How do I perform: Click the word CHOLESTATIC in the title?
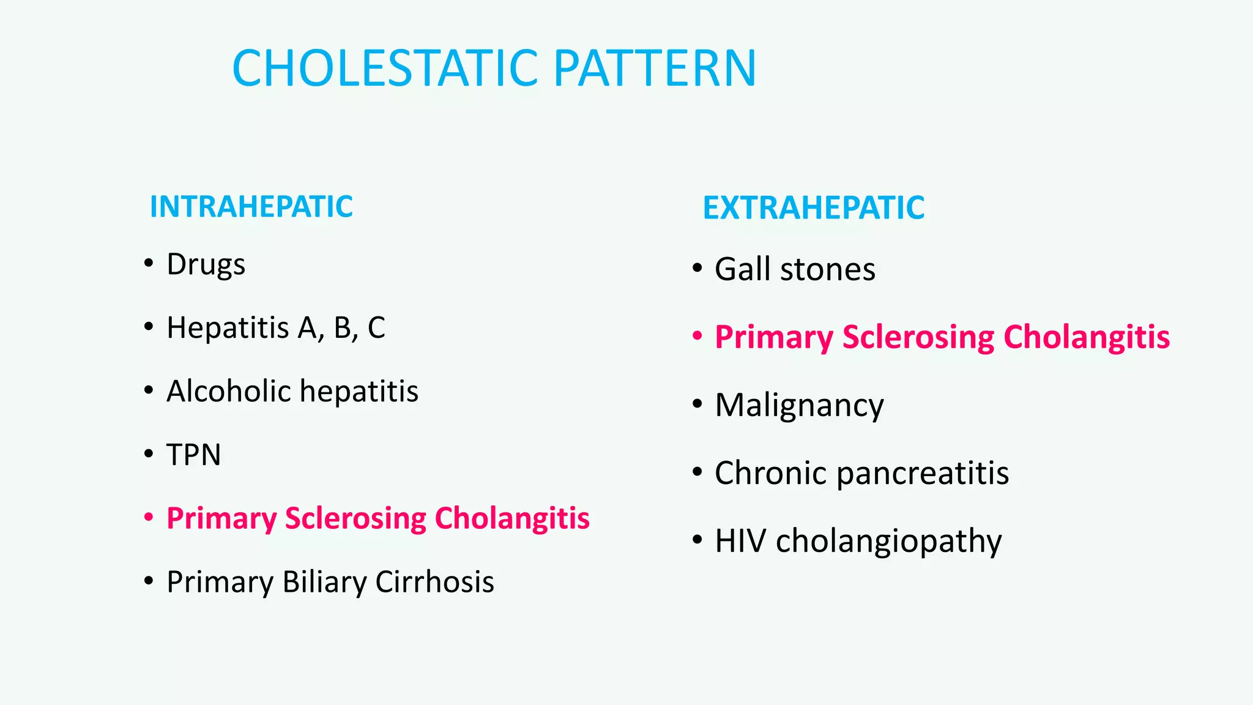pos(385,68)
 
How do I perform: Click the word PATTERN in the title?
pos(655,68)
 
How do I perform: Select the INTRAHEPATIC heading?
pos(251,207)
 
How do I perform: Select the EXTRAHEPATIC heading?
pos(813,208)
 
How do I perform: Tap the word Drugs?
pos(206,264)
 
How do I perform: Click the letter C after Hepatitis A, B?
pos(376,328)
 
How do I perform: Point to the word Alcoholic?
pos(228,391)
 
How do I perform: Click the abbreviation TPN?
pos(193,455)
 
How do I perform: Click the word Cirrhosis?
pos(434,582)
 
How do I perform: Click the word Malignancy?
pos(799,406)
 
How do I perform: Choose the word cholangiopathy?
pos(888,542)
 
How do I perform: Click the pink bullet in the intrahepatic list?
pos(148,517)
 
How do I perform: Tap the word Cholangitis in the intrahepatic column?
pos(512,518)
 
